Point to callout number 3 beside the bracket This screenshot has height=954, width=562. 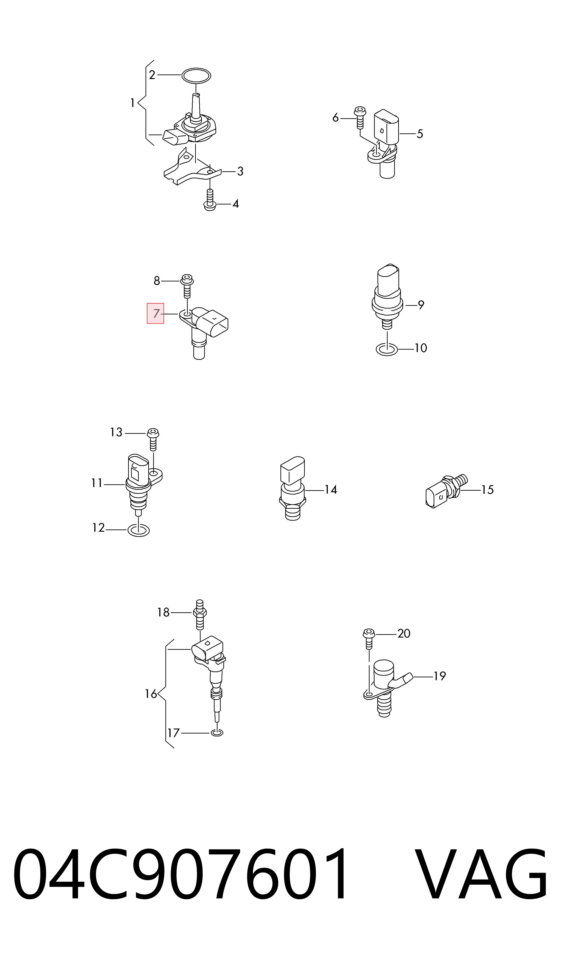[x=240, y=172]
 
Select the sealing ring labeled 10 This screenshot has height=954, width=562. [x=387, y=350]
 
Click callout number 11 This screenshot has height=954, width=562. [x=97, y=483]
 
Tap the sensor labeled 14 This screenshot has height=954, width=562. [x=292, y=489]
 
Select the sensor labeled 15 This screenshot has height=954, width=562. [x=447, y=491]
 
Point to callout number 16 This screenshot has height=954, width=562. [x=151, y=694]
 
